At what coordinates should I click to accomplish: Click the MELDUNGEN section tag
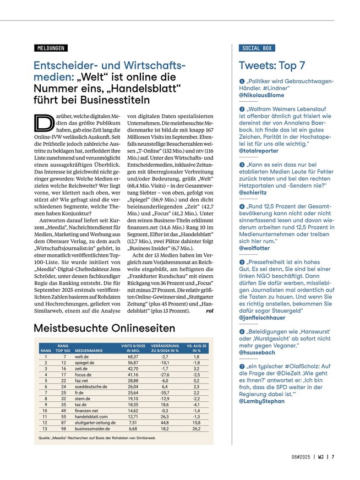49,48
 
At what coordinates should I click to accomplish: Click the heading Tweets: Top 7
272,66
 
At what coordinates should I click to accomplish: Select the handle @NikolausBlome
261,95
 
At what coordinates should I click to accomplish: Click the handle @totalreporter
259,150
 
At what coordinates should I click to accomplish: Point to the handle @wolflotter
255,248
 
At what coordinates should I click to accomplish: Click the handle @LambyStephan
262,401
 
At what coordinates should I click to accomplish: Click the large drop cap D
42,125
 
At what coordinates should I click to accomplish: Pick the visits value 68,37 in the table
133,357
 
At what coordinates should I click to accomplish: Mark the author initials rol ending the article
209,311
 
